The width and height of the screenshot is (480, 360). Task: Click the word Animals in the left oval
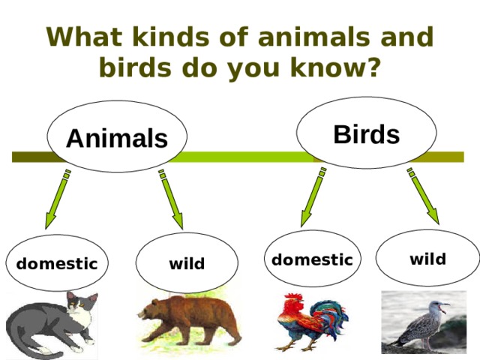tap(116, 138)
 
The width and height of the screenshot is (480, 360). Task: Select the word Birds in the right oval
tap(366, 134)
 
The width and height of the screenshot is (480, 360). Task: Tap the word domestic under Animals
tap(57, 264)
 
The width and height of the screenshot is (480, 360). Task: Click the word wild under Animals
tap(187, 264)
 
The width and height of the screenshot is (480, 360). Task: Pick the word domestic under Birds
tap(312, 260)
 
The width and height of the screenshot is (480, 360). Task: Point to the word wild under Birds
tap(427, 259)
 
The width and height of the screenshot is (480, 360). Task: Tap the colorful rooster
tap(309, 321)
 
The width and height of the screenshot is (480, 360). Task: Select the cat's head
tap(81, 306)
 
